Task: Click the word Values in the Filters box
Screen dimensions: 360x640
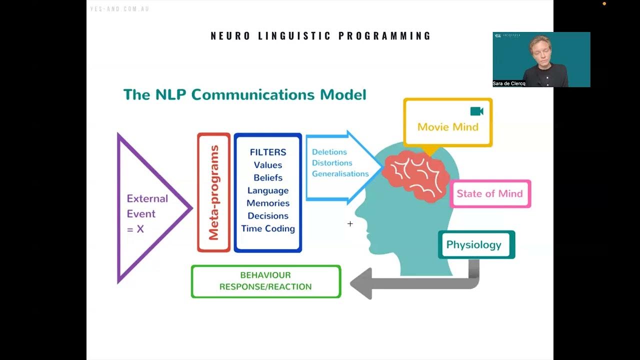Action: click(268, 165)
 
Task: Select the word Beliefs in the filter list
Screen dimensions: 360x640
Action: click(268, 177)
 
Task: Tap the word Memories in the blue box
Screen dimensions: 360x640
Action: click(268, 203)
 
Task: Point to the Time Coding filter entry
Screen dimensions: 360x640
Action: click(268, 228)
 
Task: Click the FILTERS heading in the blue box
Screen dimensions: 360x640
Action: click(268, 152)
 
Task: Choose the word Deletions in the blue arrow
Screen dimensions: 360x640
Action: click(329, 152)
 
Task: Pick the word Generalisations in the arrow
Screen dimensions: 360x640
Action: click(340, 174)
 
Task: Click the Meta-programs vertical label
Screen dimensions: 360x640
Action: click(214, 192)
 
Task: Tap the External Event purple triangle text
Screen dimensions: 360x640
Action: click(147, 213)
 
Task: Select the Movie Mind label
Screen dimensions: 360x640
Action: click(447, 127)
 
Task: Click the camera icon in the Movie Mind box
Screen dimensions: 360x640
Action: click(476, 111)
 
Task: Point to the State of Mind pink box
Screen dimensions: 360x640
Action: click(490, 194)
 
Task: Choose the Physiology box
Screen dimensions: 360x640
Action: click(474, 244)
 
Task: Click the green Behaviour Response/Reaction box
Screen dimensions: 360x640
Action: click(265, 281)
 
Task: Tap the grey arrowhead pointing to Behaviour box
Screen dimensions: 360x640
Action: click(360, 283)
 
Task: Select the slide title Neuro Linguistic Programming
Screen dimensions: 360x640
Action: click(320, 36)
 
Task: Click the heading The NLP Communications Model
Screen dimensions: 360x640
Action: click(244, 94)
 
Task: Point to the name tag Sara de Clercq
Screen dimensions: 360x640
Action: click(509, 83)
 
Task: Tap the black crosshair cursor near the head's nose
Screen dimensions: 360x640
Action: click(350, 224)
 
